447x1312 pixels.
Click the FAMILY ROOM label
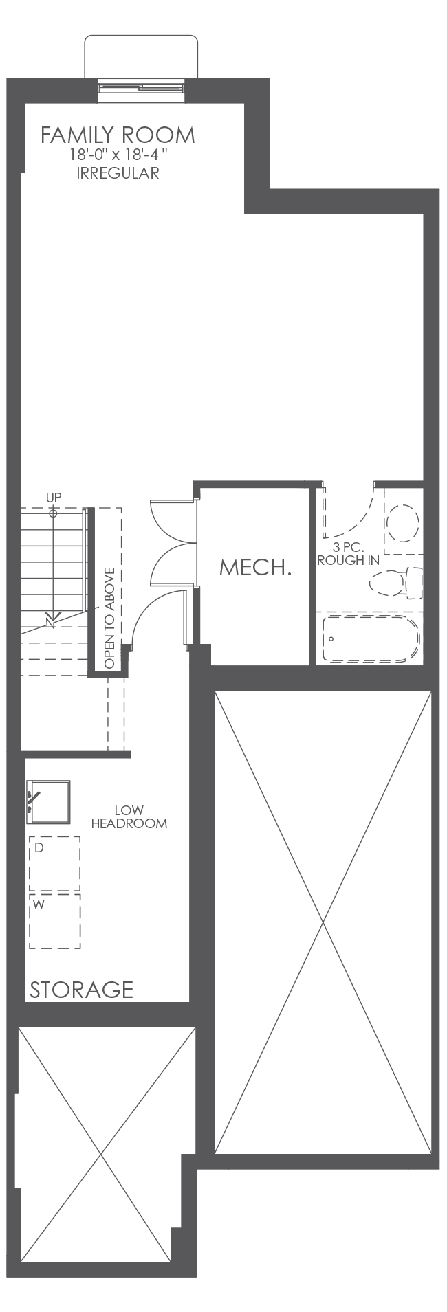[x=118, y=135]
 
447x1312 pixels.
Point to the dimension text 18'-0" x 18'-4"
[x=118, y=155]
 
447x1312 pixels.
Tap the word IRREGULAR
[x=118, y=173]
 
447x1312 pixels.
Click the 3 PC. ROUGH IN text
[x=347, y=554]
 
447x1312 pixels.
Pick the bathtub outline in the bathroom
[x=370, y=639]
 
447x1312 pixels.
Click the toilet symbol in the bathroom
[x=397, y=583]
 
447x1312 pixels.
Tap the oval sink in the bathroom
[x=402, y=524]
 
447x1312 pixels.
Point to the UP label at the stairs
[x=54, y=497]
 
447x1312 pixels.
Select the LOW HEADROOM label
[x=129, y=817]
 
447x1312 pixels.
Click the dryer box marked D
[x=54, y=863]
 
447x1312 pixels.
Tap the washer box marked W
[x=54, y=921]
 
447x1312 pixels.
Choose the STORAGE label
[x=81, y=990]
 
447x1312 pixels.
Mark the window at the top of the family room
[x=141, y=87]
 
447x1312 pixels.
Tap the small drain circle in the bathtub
[x=331, y=638]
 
